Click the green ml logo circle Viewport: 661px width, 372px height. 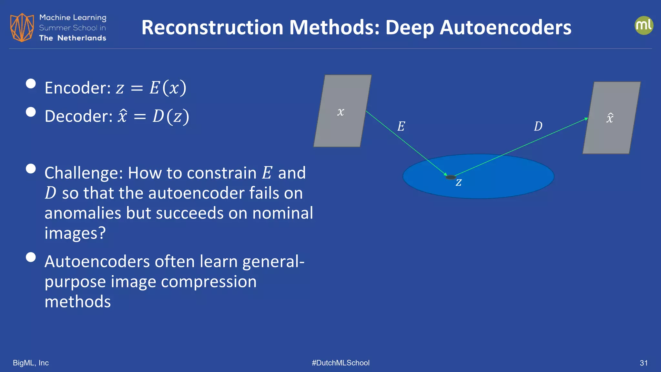click(644, 26)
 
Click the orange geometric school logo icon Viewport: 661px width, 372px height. click(22, 27)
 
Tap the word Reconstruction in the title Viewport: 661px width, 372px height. click(212, 27)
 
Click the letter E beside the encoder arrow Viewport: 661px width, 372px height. click(401, 126)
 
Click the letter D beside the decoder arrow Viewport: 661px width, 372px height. click(538, 126)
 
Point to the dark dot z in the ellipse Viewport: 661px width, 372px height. click(450, 177)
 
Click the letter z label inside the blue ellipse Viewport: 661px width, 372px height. click(459, 182)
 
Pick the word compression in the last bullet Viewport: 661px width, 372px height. click(208, 282)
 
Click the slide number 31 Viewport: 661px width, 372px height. click(644, 363)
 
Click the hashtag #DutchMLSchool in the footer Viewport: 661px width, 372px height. click(341, 363)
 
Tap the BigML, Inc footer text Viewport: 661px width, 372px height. click(31, 363)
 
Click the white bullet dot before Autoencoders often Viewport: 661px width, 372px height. click(31, 257)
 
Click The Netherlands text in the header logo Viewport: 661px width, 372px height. click(73, 38)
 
